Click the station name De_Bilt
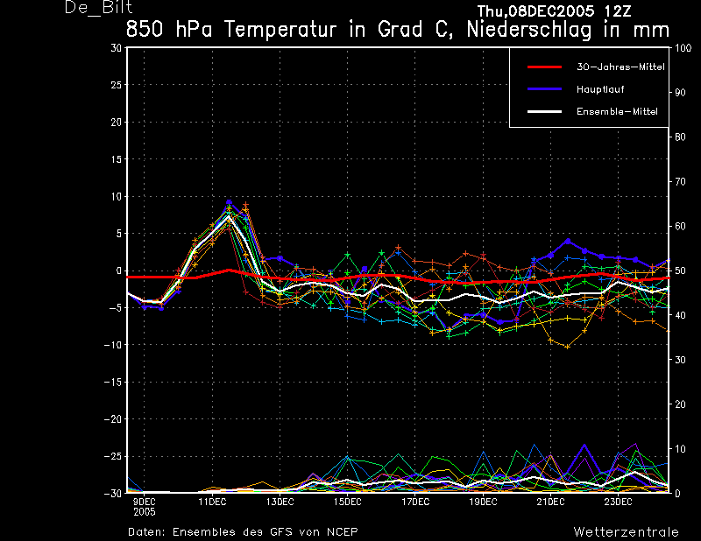(x=99, y=8)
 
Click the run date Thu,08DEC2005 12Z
(x=555, y=11)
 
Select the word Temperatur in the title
(x=280, y=30)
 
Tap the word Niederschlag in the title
(x=529, y=30)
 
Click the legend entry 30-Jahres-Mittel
(x=620, y=67)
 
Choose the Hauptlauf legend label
(x=600, y=89)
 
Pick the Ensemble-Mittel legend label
(x=617, y=112)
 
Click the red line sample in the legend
(x=544, y=67)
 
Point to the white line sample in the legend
(x=544, y=112)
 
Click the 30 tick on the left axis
(x=117, y=48)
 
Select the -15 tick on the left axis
(x=113, y=383)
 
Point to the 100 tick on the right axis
(x=683, y=48)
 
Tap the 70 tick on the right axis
(x=680, y=182)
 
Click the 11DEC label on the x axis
(x=212, y=502)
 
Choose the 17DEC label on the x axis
(x=415, y=502)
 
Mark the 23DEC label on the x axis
(x=619, y=502)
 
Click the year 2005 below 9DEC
(x=145, y=512)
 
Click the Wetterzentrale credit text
(x=627, y=532)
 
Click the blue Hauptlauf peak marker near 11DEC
(x=229, y=202)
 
